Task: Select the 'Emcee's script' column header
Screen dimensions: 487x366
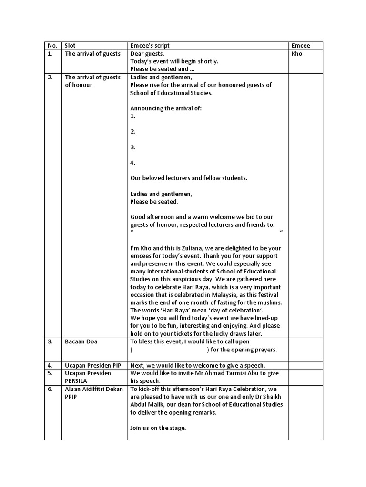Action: tap(150, 46)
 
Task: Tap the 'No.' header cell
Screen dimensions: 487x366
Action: tap(52, 46)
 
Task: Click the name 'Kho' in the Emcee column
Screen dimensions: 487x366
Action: tap(297, 54)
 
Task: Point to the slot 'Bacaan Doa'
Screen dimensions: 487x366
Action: tap(81, 341)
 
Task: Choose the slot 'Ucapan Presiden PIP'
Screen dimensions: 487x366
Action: tap(92, 365)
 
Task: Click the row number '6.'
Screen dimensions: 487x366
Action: tap(51, 389)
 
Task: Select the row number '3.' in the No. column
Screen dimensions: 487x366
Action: tap(51, 341)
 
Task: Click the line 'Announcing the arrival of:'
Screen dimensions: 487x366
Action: tap(166, 108)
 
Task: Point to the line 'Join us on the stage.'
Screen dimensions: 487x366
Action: tap(158, 428)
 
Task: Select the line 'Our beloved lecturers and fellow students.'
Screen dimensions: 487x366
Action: tap(189, 178)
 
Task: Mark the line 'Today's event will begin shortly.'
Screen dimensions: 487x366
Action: tap(174, 61)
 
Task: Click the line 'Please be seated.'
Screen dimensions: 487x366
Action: tap(154, 202)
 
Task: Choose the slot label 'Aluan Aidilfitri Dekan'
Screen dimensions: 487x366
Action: tap(92, 389)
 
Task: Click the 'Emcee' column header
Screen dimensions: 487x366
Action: tap(301, 46)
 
